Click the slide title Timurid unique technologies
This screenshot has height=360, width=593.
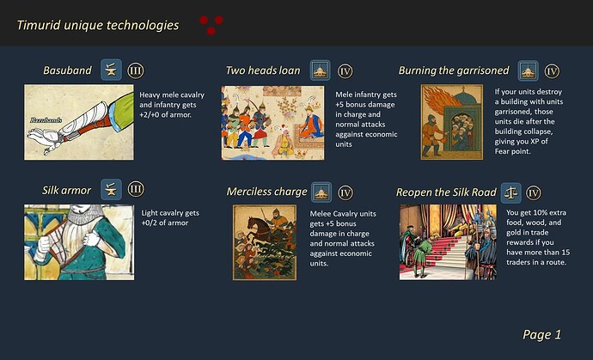pos(98,25)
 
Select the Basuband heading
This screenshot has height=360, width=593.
pos(67,70)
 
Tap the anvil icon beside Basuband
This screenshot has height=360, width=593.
pos(110,70)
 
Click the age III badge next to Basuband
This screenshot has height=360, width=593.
pos(136,70)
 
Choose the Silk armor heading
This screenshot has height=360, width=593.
pos(66,190)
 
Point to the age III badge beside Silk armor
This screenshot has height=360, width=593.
pos(136,190)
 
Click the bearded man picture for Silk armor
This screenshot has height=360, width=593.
pos(78,241)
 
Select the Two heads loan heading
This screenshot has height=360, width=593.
pos(263,70)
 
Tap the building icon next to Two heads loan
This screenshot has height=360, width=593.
pos(320,70)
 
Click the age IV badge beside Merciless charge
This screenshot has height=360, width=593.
pos(345,192)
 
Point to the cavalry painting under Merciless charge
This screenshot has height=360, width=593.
pos(264,242)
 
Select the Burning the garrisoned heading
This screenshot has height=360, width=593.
pos(454,70)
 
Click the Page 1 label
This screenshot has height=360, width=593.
pos(541,334)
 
